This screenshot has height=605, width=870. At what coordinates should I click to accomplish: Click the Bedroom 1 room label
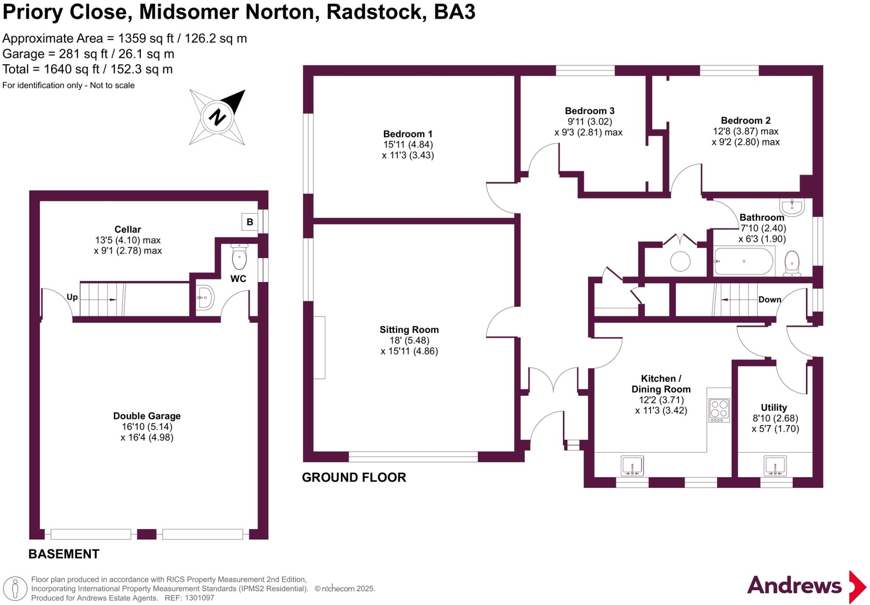(x=408, y=134)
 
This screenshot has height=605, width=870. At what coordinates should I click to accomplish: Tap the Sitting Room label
(x=409, y=330)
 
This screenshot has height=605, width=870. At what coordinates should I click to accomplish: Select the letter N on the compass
(x=217, y=117)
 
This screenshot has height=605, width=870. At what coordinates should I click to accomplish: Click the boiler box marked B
(x=250, y=222)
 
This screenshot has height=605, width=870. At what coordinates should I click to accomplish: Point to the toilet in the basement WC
(x=240, y=257)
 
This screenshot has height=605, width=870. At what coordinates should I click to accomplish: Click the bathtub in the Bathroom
(x=744, y=262)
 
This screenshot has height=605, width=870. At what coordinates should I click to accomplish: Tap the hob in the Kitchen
(x=719, y=410)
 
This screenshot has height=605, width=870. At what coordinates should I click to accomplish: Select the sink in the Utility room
(x=775, y=466)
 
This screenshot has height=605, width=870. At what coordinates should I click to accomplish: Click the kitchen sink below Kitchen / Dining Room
(x=632, y=466)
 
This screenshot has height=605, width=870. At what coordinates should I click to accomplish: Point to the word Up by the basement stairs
(x=72, y=297)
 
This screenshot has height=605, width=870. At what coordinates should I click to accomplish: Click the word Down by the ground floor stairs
(x=770, y=299)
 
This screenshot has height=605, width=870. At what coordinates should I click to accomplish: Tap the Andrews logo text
(x=794, y=586)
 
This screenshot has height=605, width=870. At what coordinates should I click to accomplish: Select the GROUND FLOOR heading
(x=354, y=478)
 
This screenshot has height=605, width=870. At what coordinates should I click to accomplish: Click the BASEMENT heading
(x=64, y=554)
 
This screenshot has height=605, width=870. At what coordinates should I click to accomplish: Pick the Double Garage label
(x=147, y=416)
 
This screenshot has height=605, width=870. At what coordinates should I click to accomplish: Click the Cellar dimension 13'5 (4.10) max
(x=127, y=240)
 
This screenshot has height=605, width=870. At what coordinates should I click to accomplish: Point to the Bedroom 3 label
(x=589, y=111)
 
